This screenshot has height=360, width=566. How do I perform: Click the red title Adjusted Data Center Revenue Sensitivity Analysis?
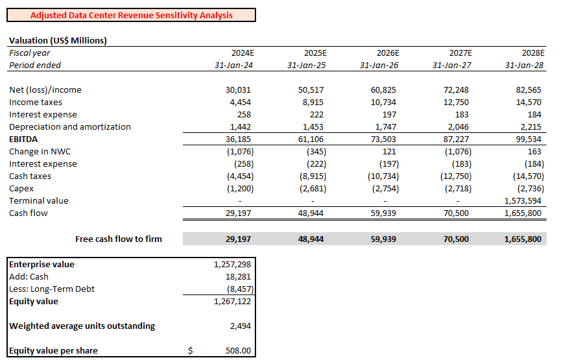pyautogui.click(x=132, y=15)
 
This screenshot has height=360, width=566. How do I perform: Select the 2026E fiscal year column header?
pyautogui.click(x=388, y=53)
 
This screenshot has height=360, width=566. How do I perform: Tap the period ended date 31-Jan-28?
pyautogui.click(x=525, y=65)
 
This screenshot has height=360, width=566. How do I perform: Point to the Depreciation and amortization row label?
pyautogui.click(x=70, y=127)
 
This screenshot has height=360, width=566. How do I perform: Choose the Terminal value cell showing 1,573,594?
pyautogui.click(x=523, y=201)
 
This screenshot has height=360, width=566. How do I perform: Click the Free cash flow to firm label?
pyautogui.click(x=119, y=239)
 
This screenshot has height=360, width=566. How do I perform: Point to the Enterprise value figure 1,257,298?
pyautogui.click(x=232, y=265)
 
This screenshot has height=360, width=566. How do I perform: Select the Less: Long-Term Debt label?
pyautogui.click(x=52, y=289)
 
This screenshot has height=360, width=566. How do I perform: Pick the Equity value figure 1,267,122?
pyautogui.click(x=232, y=302)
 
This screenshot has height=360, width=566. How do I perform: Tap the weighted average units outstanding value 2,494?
pyautogui.click(x=241, y=326)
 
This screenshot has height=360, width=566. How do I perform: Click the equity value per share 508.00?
pyautogui.click(x=238, y=351)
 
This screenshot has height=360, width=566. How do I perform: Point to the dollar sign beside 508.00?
pyautogui.click(x=190, y=351)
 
